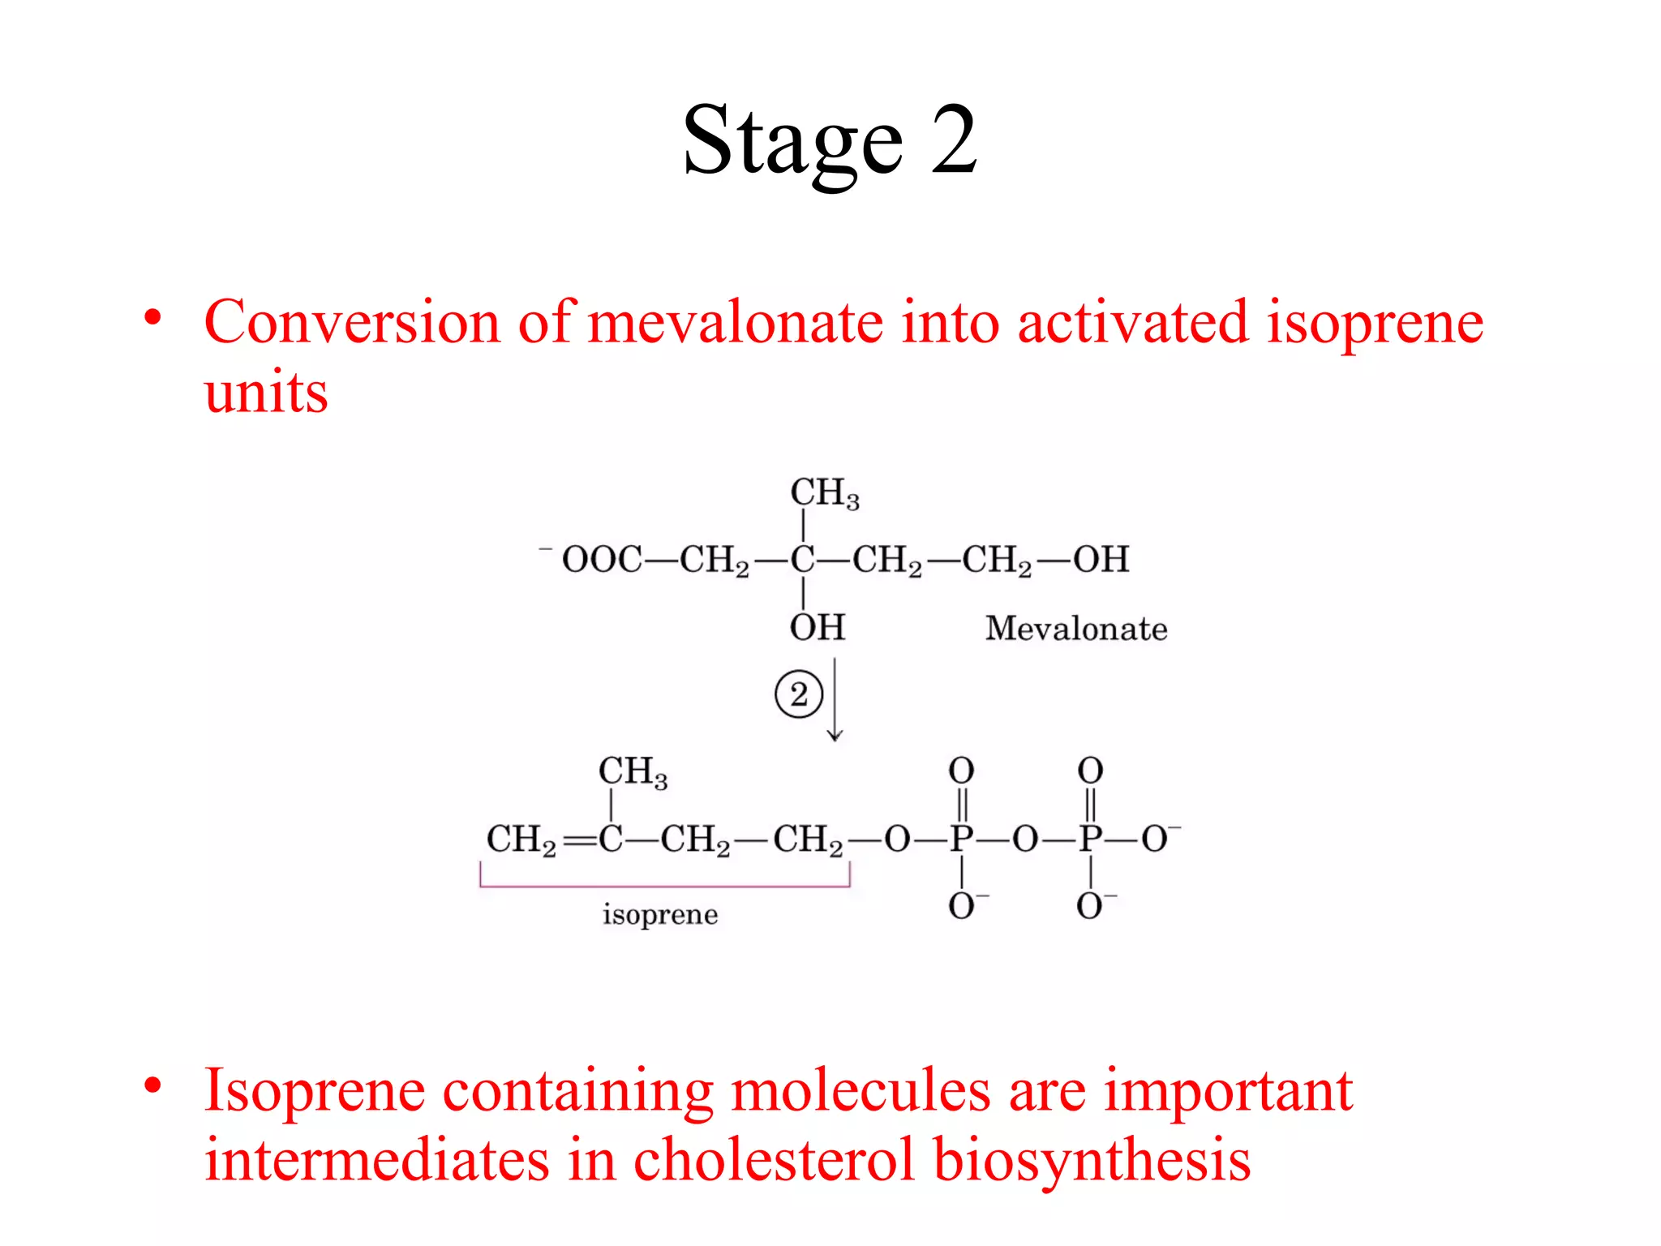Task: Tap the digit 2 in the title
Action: tap(954, 140)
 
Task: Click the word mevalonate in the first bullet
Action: tap(735, 323)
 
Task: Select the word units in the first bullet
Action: tap(266, 393)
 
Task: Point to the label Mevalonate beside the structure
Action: tap(1076, 629)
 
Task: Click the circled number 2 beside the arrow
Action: tap(799, 695)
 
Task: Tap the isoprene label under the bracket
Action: tap(660, 915)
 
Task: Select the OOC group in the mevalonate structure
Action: tap(602, 560)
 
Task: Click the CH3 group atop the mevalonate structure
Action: tap(824, 493)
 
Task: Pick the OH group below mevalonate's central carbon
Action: tap(818, 628)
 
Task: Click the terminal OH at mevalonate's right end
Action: tap(1101, 560)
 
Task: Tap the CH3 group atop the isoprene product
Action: tap(633, 771)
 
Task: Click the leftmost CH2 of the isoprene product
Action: tap(521, 840)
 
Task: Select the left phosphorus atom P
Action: tap(961, 840)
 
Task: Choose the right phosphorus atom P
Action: tap(1090, 840)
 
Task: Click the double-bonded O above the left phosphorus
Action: tap(961, 771)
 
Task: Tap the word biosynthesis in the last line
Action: tap(1092, 1160)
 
